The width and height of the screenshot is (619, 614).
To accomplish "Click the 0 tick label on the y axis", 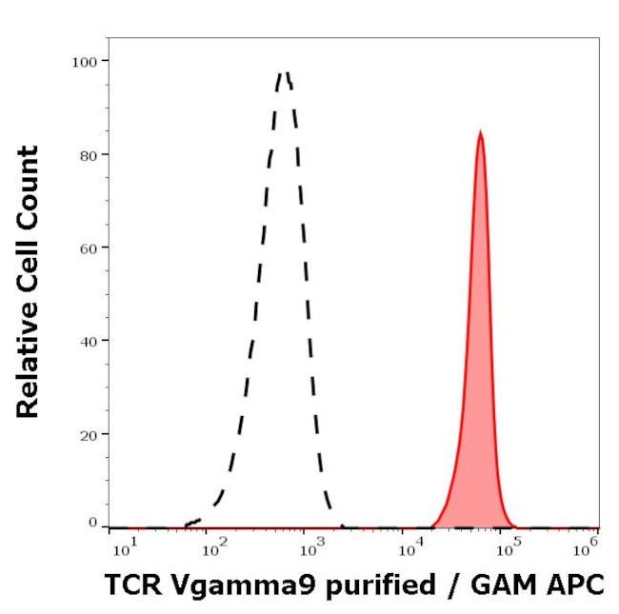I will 92,522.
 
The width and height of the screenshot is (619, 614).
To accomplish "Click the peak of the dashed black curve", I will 283,72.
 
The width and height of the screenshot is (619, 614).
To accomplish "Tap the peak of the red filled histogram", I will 481,132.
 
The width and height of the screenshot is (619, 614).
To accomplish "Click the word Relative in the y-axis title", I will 28,368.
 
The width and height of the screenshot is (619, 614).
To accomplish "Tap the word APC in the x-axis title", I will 577,584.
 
